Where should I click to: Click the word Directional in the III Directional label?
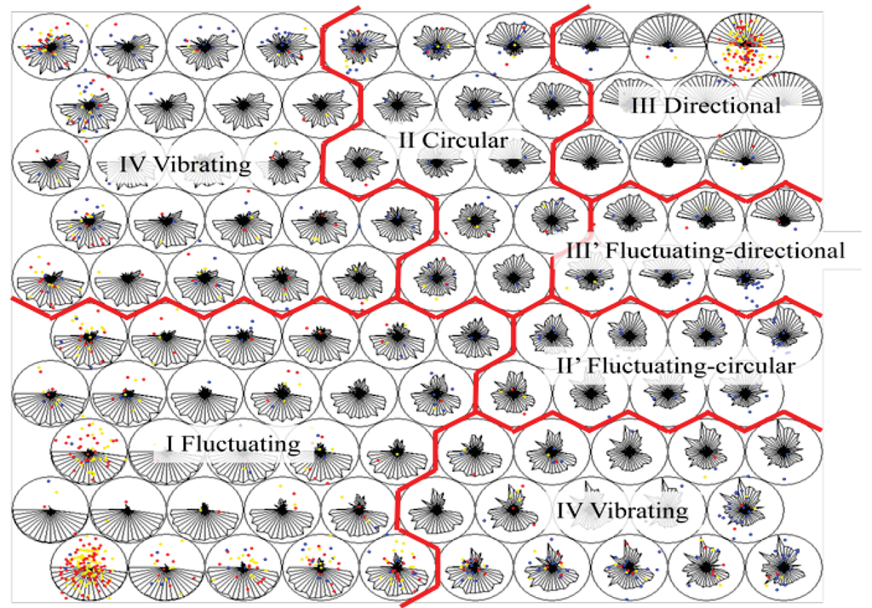click(730, 106)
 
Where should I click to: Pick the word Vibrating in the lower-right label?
click(643, 511)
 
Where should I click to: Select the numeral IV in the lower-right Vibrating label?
click(572, 511)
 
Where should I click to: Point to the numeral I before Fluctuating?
click(170, 445)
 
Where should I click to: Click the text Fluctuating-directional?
click(728, 250)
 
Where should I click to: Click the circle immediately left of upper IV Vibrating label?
click(50, 163)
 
